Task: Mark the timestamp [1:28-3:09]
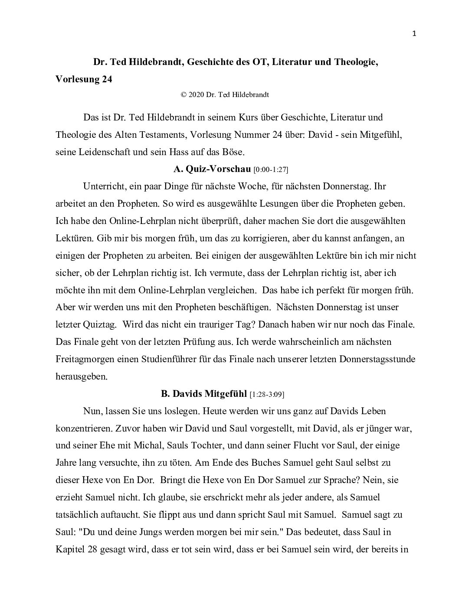(x=267, y=394)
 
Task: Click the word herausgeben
(x=81, y=376)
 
